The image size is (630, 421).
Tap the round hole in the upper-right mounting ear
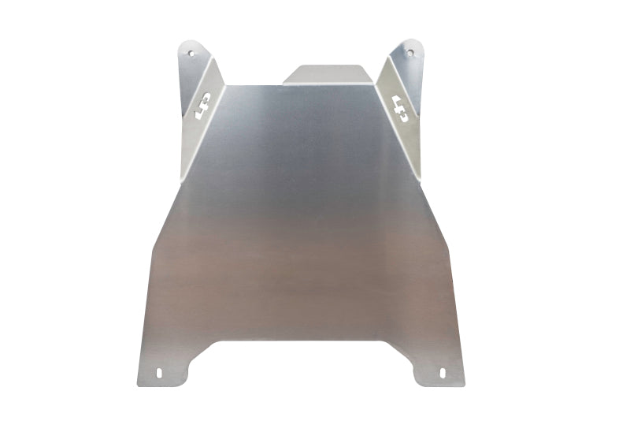(409, 52)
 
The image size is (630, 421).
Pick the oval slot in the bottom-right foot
(443, 372)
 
